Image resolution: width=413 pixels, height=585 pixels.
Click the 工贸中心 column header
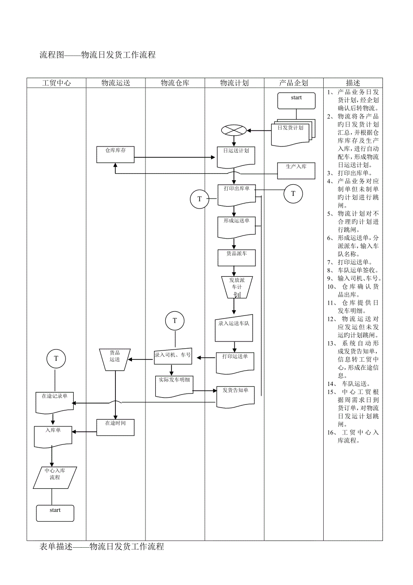click(x=56, y=83)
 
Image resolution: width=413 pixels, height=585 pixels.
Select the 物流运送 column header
click(x=115, y=83)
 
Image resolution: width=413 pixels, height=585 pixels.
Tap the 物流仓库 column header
click(x=175, y=83)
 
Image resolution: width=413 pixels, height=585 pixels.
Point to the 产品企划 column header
click(x=294, y=83)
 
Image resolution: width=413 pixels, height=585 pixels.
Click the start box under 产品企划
click(x=296, y=101)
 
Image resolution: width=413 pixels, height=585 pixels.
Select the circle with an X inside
click(x=234, y=131)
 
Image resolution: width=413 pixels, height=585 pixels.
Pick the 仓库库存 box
click(x=115, y=155)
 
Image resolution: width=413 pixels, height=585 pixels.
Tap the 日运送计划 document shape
click(x=236, y=156)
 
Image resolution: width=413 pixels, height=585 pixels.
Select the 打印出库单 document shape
click(x=236, y=194)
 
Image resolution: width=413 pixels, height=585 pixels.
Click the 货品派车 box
click(x=234, y=257)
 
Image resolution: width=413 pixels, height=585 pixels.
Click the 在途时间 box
click(x=115, y=427)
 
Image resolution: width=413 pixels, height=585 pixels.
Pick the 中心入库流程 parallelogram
click(x=55, y=478)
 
